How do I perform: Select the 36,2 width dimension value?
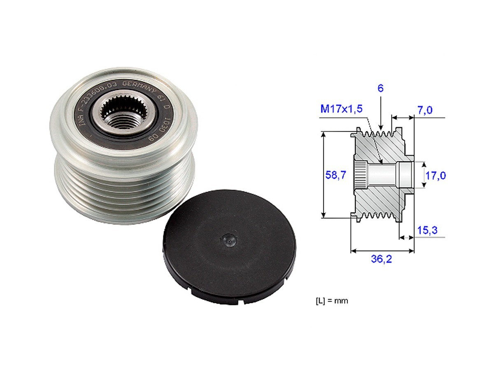pos(381,259)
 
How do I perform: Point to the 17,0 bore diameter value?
pos(436,176)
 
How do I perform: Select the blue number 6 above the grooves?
pos(381,88)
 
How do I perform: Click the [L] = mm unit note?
pos(331,301)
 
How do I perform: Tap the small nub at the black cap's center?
pos(228,238)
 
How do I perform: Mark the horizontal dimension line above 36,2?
pos(382,250)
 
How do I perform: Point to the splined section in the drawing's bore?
pos(361,175)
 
